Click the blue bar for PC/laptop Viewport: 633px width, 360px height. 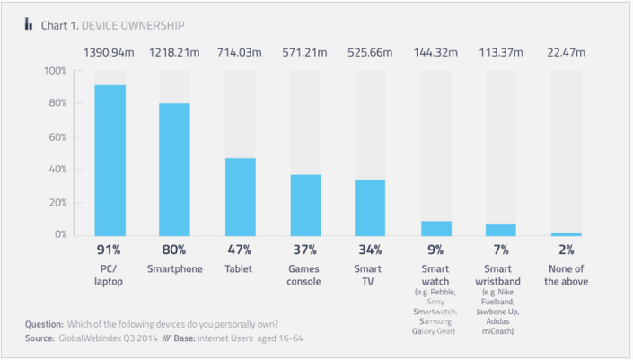point(110,161)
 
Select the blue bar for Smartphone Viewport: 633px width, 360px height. point(175,170)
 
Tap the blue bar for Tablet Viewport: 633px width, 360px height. point(241,198)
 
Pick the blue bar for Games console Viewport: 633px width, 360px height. point(305,206)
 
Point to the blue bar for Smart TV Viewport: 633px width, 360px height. point(370,208)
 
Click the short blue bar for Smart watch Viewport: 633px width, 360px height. point(435,229)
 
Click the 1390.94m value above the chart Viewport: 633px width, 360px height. point(110,53)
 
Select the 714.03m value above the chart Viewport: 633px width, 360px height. point(241,53)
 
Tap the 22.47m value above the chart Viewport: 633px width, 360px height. point(566,53)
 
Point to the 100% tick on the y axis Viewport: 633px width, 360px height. point(55,71)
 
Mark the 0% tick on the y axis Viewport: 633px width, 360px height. point(58,235)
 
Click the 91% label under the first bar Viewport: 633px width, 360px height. point(110,250)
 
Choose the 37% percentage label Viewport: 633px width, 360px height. point(305,250)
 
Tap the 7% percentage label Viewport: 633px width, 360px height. point(500,250)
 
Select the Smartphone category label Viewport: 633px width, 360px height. point(175,268)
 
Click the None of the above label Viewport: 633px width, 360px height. point(566,274)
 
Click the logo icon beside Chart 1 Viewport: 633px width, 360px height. point(30,24)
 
